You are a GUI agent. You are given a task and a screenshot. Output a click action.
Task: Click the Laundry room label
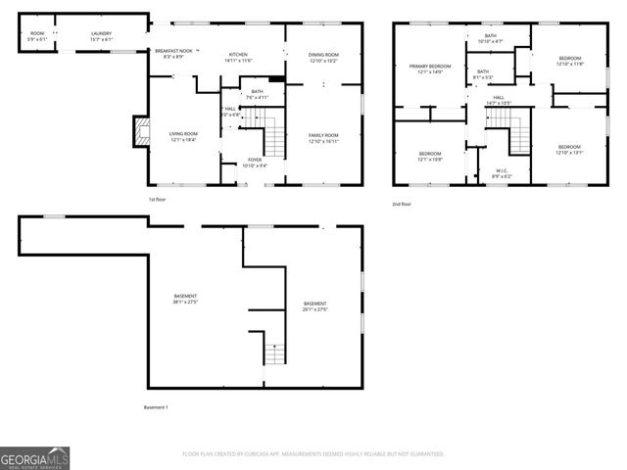pos(101,36)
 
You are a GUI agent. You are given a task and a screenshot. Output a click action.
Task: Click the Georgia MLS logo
pos(35,456)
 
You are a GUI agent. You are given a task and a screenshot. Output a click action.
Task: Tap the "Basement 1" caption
pos(157,407)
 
